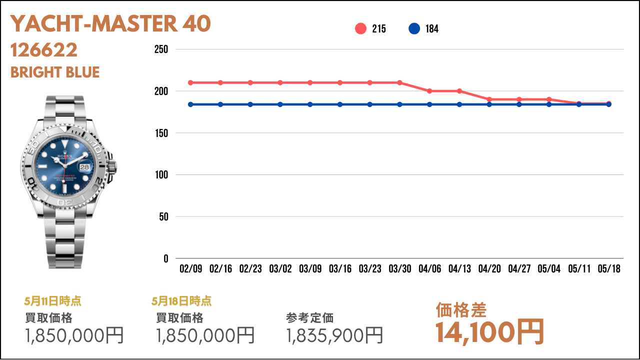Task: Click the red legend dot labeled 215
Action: coord(360,28)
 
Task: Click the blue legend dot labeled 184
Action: coord(414,28)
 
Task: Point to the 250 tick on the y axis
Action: coord(161,49)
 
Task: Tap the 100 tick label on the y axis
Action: coord(161,174)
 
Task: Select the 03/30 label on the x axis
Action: coord(399,268)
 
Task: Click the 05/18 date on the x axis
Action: coord(609,268)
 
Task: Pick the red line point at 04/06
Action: coord(429,91)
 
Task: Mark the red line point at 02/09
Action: coord(190,83)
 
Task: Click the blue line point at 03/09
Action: coord(310,104)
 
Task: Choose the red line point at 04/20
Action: coord(489,99)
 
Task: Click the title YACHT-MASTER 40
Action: coord(110,23)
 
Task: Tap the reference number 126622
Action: coord(43,50)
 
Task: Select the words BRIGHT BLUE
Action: coord(55,72)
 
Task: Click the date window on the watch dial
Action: coord(84,167)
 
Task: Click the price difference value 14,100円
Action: coord(489,332)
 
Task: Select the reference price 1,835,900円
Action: coord(334,335)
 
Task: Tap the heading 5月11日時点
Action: coord(52,301)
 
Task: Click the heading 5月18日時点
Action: coord(181,301)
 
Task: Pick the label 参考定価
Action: coord(309,318)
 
